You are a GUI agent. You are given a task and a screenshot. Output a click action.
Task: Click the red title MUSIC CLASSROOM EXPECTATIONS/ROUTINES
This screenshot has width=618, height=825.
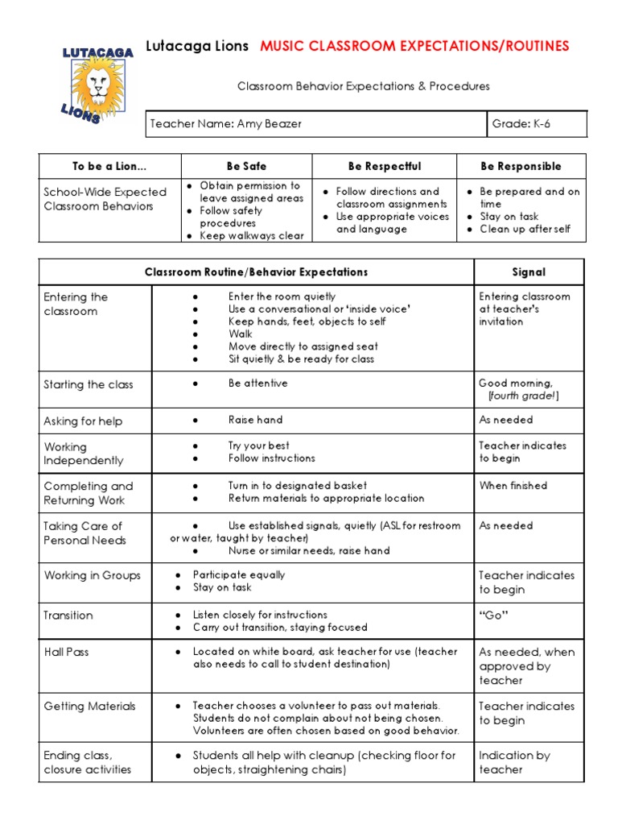point(414,46)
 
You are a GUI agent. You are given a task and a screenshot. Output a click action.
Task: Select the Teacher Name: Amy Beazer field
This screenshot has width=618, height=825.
point(225,124)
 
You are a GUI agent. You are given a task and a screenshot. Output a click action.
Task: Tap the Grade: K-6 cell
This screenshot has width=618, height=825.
point(521,124)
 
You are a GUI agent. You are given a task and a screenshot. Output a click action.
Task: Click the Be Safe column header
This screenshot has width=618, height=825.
point(246,166)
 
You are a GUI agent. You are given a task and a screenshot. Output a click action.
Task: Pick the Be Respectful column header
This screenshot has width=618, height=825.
point(384,166)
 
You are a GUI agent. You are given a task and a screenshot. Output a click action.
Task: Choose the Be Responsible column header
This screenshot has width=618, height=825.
point(521,166)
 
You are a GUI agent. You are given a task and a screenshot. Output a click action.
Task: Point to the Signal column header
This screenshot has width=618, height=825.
point(529,272)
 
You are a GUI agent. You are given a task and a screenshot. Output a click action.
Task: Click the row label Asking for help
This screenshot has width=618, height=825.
point(83,421)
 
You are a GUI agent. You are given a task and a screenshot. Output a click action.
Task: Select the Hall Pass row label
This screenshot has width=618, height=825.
point(66,652)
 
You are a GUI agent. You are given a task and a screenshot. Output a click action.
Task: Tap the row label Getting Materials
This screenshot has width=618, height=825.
point(89,707)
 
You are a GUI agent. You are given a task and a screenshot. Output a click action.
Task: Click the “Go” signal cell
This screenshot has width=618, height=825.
point(494,616)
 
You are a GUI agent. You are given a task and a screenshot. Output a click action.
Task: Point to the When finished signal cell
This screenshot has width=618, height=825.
point(513,486)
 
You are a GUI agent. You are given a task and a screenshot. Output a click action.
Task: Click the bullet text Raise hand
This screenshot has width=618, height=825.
point(255,420)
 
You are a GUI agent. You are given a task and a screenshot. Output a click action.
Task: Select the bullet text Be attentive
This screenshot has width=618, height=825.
point(257,383)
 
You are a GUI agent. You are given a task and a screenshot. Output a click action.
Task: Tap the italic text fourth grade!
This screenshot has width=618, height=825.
point(523,396)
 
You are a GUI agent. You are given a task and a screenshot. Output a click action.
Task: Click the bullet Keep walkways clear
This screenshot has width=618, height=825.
point(251,236)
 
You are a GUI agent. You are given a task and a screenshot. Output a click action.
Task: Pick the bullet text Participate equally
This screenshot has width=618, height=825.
point(239,575)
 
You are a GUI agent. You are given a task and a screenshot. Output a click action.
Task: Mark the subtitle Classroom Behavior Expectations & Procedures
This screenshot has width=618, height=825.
point(362,86)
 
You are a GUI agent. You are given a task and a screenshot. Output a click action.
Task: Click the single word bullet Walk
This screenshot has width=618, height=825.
point(240,334)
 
